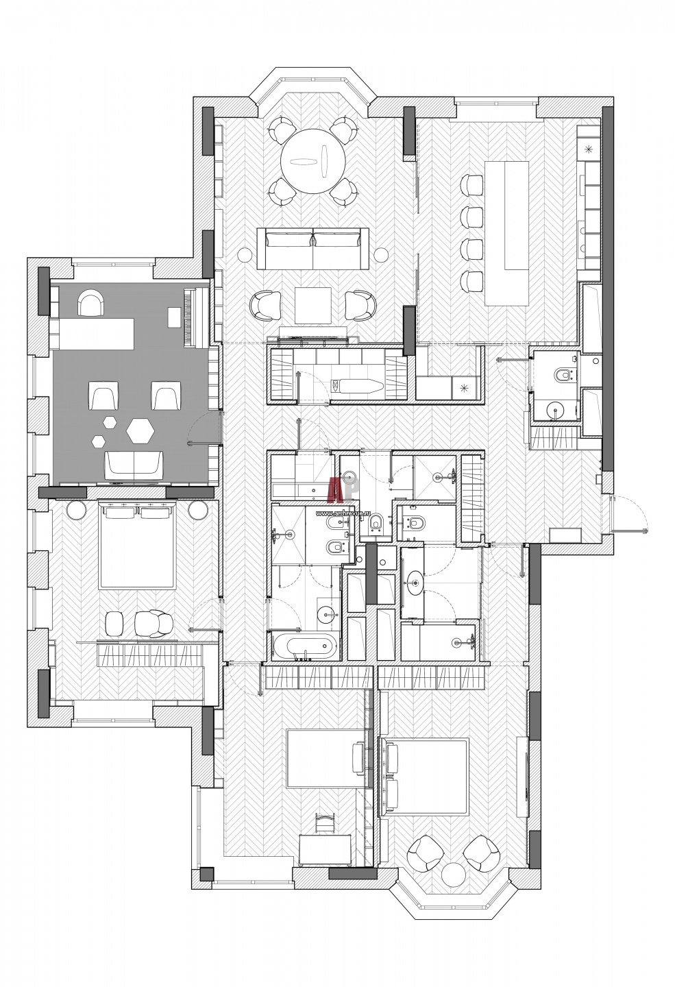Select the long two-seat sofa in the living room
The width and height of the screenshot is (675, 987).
point(312,248)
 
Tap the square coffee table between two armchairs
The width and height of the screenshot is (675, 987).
point(313,306)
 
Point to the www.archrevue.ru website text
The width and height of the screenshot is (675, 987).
point(344,514)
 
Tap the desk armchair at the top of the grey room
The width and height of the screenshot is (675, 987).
point(91,302)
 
